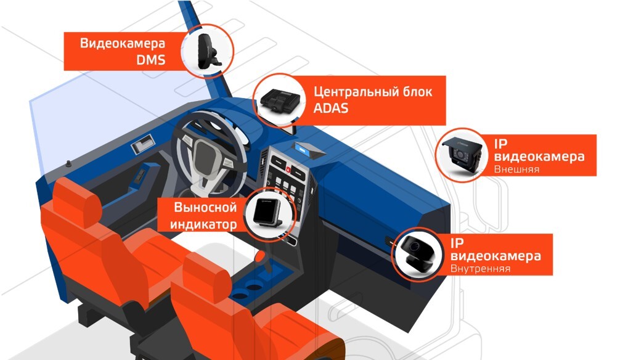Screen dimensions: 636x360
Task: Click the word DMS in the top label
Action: [x=151, y=60]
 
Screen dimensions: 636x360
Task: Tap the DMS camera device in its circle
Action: [x=208, y=51]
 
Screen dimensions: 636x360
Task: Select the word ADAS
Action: [x=330, y=108]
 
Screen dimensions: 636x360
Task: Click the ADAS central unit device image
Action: [x=280, y=100]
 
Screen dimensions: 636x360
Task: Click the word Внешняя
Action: [x=516, y=170]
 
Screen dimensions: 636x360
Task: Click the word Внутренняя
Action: [x=480, y=269]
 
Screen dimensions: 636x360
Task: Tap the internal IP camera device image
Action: [x=417, y=253]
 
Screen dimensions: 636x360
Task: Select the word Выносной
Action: [x=205, y=207]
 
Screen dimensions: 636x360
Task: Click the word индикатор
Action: [x=203, y=224]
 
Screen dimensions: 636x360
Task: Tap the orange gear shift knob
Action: [x=260, y=256]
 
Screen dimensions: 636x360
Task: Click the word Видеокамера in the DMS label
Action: [x=123, y=43]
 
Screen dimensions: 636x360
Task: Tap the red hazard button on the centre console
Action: [x=288, y=170]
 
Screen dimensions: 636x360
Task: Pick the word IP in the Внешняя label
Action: [x=500, y=144]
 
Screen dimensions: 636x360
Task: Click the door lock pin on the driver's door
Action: [x=68, y=164]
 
